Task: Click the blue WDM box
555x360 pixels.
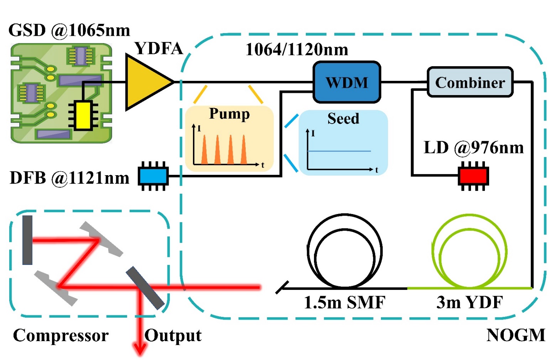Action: [347, 82]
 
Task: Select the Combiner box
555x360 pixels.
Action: [470, 82]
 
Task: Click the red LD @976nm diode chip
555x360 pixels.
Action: [473, 176]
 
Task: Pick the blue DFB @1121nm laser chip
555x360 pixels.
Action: [153, 176]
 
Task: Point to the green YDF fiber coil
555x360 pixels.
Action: [469, 252]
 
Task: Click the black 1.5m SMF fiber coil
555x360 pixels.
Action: [345, 252]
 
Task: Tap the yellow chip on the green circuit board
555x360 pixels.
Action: [82, 115]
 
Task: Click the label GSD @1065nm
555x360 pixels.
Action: [69, 30]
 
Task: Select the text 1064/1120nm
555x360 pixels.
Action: [297, 49]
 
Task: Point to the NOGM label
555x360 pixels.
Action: [516, 335]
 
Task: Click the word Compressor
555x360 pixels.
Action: [61, 335]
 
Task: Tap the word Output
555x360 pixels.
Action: [173, 335]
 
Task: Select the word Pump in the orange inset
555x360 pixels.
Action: [229, 114]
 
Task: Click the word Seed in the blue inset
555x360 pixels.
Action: [343, 118]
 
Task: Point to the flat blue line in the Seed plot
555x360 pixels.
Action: [339, 151]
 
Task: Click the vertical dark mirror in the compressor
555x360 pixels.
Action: [27, 240]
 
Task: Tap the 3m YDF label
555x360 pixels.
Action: [469, 303]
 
